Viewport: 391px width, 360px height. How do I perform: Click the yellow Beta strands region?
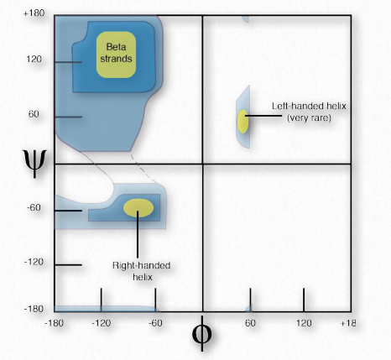point(116,55)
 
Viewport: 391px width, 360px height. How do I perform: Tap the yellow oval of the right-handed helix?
point(138,208)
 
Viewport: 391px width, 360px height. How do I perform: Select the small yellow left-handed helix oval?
point(242,122)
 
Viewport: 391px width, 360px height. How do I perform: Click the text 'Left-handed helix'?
point(309,106)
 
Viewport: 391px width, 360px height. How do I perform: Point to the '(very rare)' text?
point(309,117)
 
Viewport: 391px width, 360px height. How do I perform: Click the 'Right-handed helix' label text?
point(142,271)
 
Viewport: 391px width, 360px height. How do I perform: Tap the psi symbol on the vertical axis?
point(34,163)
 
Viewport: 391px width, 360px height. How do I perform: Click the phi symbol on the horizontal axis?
point(202,333)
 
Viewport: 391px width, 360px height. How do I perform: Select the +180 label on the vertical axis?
point(34,13)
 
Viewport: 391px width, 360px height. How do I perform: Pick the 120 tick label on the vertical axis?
point(34,59)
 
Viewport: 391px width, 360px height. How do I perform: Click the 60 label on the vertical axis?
point(34,114)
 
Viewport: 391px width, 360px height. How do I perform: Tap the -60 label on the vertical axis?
point(34,207)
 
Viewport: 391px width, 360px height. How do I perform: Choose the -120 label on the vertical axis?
point(34,262)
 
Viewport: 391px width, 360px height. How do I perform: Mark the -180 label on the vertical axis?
point(34,309)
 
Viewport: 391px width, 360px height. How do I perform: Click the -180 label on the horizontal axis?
point(54,323)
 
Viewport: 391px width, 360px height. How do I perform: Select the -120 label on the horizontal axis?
point(102,323)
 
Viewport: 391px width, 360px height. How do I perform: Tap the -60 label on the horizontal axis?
point(155,323)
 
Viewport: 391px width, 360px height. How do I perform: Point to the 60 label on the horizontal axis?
point(250,323)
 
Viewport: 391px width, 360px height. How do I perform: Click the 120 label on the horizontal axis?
point(304,323)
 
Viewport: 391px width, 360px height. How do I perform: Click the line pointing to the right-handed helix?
point(138,234)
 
